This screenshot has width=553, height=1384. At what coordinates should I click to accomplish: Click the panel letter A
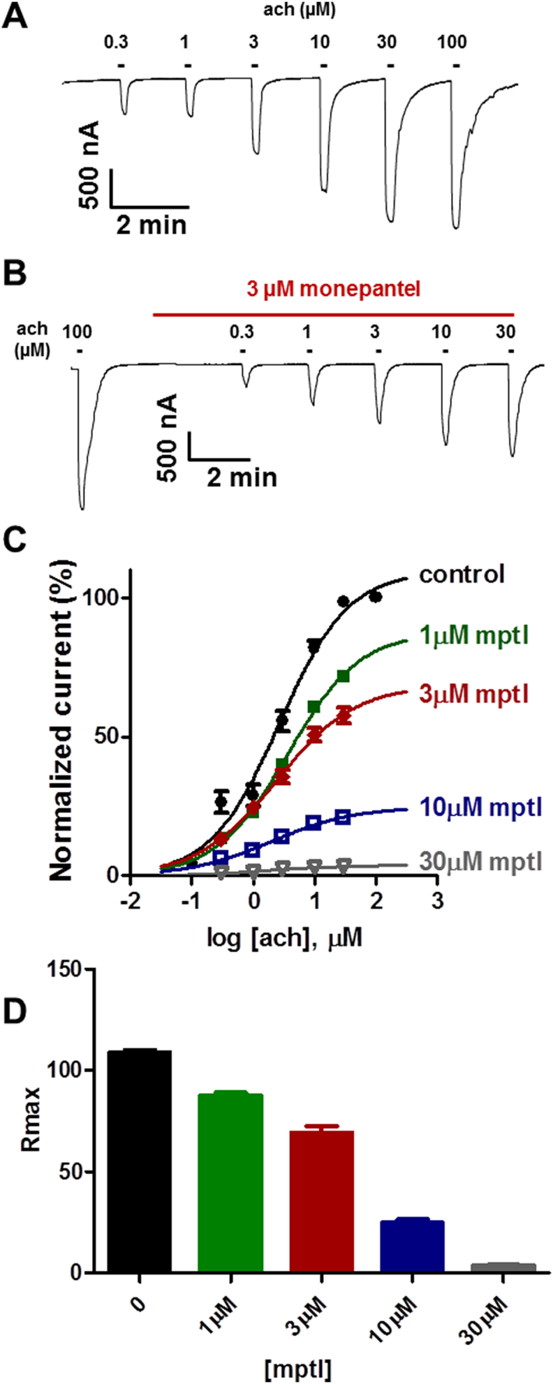[17, 16]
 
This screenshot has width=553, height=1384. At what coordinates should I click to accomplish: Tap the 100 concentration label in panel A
[452, 43]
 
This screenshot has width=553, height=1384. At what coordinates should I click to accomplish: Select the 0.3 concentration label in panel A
[117, 43]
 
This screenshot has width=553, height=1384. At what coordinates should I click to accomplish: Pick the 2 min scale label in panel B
[241, 478]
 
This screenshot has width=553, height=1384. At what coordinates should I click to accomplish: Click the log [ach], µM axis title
[283, 937]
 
